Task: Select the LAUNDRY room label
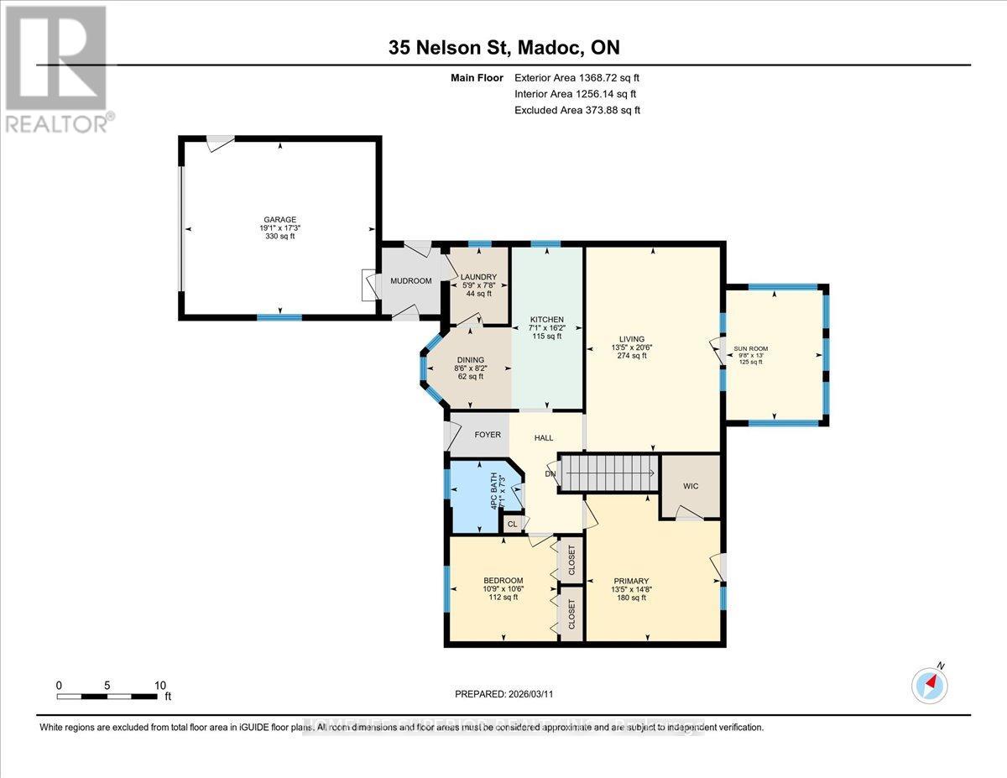[478, 277]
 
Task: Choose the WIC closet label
[691, 487]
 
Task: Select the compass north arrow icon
[931, 684]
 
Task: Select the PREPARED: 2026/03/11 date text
[504, 694]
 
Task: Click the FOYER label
[488, 435]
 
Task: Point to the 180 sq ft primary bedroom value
[631, 598]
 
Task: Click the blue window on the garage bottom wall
[279, 316]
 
